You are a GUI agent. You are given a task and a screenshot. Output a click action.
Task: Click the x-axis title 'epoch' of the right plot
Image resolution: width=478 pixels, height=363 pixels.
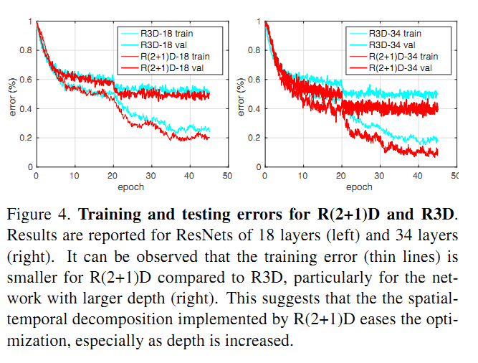(359, 187)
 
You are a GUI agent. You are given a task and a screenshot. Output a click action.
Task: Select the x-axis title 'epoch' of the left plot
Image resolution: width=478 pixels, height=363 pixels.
(131, 187)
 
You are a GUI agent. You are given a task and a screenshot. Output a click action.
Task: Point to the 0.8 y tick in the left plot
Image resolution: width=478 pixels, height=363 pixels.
(27, 50)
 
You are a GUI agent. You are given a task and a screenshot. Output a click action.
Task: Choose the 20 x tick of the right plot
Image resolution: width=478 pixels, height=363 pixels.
(340, 175)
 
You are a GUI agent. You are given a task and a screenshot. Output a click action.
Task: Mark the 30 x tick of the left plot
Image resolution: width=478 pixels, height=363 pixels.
(150, 175)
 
